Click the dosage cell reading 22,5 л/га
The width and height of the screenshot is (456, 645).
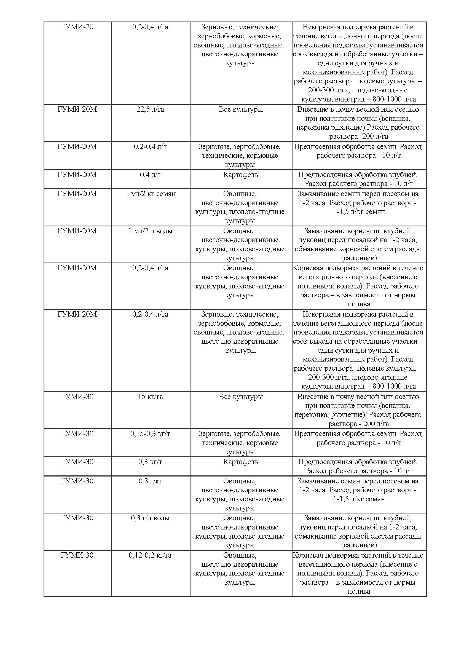pyautogui.click(x=150, y=109)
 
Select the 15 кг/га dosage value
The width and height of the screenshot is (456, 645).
pyautogui.click(x=150, y=397)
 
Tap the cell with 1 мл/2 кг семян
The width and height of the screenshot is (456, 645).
pyautogui.click(x=150, y=194)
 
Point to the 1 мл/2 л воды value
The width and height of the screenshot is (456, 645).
pyautogui.click(x=150, y=231)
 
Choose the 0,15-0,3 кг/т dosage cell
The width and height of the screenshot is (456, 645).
pyautogui.click(x=150, y=434)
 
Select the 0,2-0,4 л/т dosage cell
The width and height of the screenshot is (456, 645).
pyautogui.click(x=150, y=146)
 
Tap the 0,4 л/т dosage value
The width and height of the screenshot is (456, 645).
pyautogui.click(x=150, y=175)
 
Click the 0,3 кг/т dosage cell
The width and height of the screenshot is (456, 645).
pyautogui.click(x=150, y=462)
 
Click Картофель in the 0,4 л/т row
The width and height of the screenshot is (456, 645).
pyautogui.click(x=241, y=175)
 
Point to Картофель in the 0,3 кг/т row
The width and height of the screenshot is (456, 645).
pyautogui.click(x=241, y=462)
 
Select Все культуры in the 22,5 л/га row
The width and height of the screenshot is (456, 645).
pyautogui.click(x=241, y=109)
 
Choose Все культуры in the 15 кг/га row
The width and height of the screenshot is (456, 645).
pyautogui.click(x=241, y=397)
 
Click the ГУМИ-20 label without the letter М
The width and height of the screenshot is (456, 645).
pyautogui.click(x=77, y=27)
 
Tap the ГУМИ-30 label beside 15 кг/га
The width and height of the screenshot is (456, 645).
pyautogui.click(x=77, y=397)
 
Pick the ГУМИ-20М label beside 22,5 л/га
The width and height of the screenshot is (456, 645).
pyautogui.click(x=77, y=109)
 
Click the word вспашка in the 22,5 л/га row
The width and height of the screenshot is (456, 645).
pyautogui.click(x=396, y=119)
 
